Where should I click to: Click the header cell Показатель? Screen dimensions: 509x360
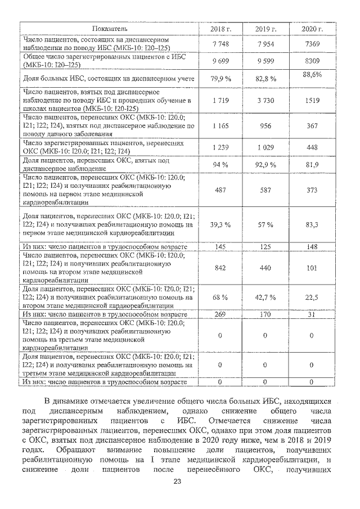click(110, 28)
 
